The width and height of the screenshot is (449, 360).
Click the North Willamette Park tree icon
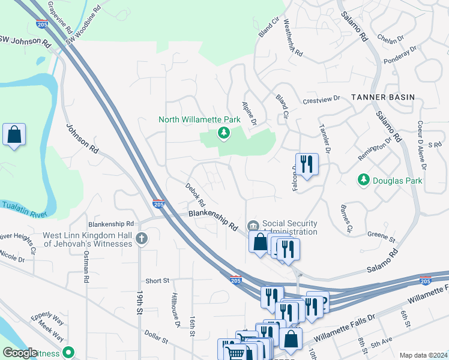tap(223, 133)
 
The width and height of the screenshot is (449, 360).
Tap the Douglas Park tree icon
tap(363, 180)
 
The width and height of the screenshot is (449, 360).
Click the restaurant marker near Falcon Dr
tap(306, 163)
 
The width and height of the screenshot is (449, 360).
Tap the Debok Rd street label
tap(196, 193)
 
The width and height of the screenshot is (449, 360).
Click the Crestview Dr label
tap(321, 100)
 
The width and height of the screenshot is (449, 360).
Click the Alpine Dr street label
tap(249, 113)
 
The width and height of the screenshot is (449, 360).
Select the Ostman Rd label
tap(86, 270)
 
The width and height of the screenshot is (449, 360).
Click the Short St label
tap(158, 280)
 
